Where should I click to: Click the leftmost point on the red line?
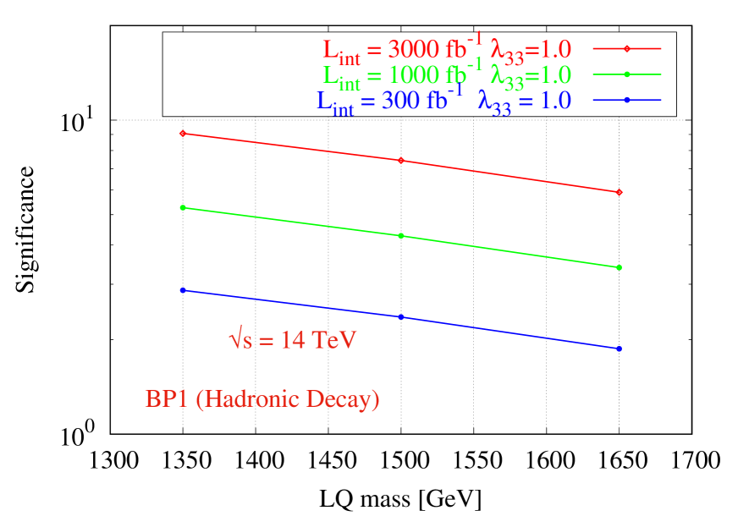pyautogui.click(x=182, y=133)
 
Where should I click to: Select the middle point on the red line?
pyautogui.click(x=401, y=160)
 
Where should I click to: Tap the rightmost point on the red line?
pyautogui.click(x=620, y=192)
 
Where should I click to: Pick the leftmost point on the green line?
pyautogui.click(x=182, y=207)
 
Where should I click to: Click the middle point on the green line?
pyautogui.click(x=401, y=235)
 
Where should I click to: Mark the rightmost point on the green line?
pyautogui.click(x=620, y=267)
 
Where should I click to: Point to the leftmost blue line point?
pyautogui.click(x=182, y=290)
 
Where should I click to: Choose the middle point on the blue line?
pyautogui.click(x=401, y=316)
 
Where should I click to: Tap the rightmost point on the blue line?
pyautogui.click(x=620, y=349)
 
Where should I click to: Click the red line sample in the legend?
pyautogui.click(x=626, y=49)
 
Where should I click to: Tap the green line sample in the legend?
pyautogui.click(x=626, y=74)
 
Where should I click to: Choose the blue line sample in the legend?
pyautogui.click(x=626, y=100)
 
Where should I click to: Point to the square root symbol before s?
pyautogui.click(x=235, y=340)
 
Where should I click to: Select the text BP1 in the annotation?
pyautogui.click(x=167, y=398)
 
